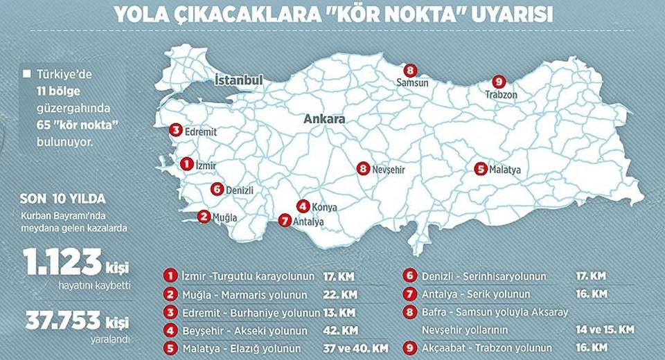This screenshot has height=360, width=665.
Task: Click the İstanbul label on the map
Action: [239, 80]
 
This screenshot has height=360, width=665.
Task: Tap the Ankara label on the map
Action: [324, 119]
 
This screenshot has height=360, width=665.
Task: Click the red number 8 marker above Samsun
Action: [410, 70]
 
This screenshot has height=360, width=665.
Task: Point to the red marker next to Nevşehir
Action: [364, 168]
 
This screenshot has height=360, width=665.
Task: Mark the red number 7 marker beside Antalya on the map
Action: [283, 221]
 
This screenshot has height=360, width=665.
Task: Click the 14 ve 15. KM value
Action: [605, 330]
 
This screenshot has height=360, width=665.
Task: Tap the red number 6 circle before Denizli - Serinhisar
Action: [411, 276]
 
